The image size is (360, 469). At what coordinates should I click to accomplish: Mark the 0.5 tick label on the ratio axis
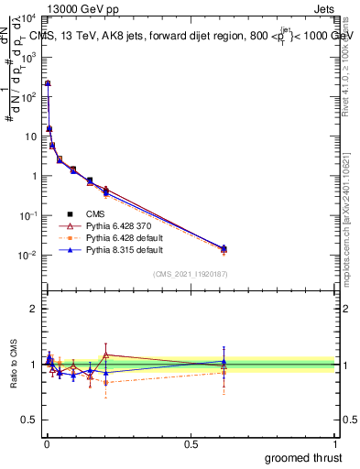[x=30, y=421]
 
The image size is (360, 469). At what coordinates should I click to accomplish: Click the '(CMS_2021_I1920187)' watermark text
[x=190, y=273]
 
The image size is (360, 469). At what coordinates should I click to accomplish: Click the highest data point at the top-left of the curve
[x=48, y=83]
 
